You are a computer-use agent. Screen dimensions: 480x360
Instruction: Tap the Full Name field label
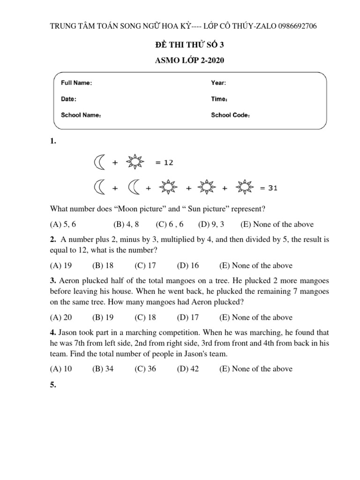pos(76,83)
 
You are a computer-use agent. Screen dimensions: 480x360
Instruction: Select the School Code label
pos(230,115)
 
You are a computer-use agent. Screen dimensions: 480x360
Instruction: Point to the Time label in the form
pos(219,99)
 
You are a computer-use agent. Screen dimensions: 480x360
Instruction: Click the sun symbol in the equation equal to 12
pos(136,162)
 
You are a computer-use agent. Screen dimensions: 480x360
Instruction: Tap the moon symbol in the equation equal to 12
pos(99,162)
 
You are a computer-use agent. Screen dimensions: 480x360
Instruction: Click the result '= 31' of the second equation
pos(269,188)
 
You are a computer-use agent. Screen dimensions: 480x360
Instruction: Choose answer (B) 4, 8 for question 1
pos(126,224)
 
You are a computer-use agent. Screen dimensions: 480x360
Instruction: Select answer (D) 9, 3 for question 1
pos(211,224)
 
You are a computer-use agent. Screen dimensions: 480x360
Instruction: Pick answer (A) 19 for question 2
pos(61,265)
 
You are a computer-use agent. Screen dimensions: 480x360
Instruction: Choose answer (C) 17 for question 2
pos(145,265)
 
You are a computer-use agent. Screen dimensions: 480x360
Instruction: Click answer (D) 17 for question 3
pos(188,317)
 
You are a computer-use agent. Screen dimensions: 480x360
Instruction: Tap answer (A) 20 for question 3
pos(61,317)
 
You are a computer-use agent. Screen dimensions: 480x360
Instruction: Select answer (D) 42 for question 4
pos(188,368)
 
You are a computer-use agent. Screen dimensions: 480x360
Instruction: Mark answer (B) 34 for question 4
pos(103,368)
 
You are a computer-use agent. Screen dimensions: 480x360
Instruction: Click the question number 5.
pos(53,385)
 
